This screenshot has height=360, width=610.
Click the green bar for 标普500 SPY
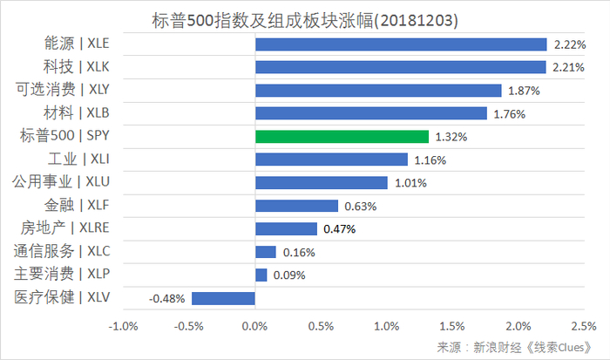342,137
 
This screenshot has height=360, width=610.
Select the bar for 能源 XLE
401,44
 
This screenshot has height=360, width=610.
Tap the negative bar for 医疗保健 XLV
223,298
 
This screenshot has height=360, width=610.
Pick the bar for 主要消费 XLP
261,275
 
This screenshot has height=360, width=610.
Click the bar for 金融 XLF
296,206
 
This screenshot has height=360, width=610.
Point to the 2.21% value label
566,67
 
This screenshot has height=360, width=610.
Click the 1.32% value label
451,137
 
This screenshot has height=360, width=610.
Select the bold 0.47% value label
339,229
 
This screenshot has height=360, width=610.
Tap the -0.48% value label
167,298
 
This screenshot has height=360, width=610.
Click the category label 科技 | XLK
77,65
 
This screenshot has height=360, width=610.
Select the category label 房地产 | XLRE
71,228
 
